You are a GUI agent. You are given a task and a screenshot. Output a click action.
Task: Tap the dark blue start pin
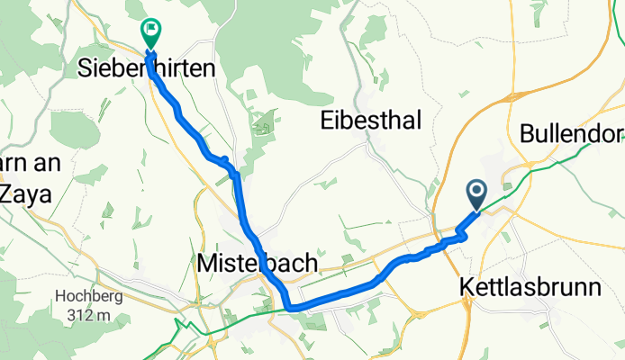[476, 193]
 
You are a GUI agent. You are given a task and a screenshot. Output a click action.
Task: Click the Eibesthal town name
[370, 121]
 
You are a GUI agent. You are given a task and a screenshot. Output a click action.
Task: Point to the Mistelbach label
[257, 263]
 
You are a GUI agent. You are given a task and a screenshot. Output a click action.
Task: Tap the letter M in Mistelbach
[206, 263]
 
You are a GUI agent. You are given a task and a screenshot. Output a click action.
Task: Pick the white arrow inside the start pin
[476, 191]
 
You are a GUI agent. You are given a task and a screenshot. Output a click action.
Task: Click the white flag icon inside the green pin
[149, 30]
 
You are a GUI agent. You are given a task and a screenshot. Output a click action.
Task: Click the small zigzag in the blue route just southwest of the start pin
[460, 236]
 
